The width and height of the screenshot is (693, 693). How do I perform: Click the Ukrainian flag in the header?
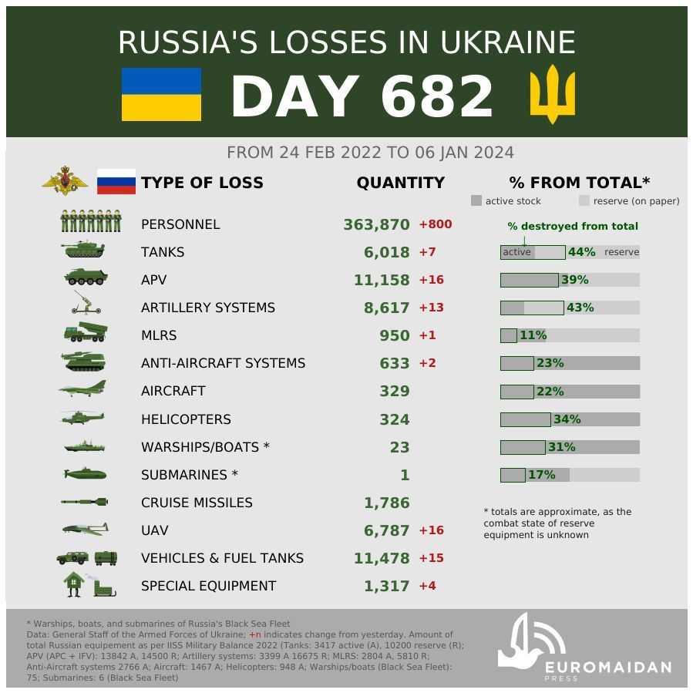coord(161,94)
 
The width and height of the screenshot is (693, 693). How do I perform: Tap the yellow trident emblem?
coord(552,96)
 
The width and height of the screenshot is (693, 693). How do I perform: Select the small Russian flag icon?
coord(116,183)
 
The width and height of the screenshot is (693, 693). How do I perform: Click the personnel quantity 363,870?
coord(376,224)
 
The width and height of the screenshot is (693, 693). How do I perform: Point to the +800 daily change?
coord(435,224)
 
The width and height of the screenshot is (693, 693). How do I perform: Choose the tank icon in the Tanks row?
coord(82,251)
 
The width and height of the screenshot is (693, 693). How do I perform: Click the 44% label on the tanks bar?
coord(581,252)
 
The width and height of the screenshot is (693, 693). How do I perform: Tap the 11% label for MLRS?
coord(533,335)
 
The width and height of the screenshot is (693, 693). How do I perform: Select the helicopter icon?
coord(82,419)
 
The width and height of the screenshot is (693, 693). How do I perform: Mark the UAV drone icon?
coord(84,530)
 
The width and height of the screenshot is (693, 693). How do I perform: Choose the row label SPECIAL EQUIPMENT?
coord(208,586)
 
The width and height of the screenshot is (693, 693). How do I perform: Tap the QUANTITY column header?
coord(400,183)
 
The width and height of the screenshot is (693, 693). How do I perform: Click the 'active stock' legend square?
coord(476,200)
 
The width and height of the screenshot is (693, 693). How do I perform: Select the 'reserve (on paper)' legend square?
coord(584,200)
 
